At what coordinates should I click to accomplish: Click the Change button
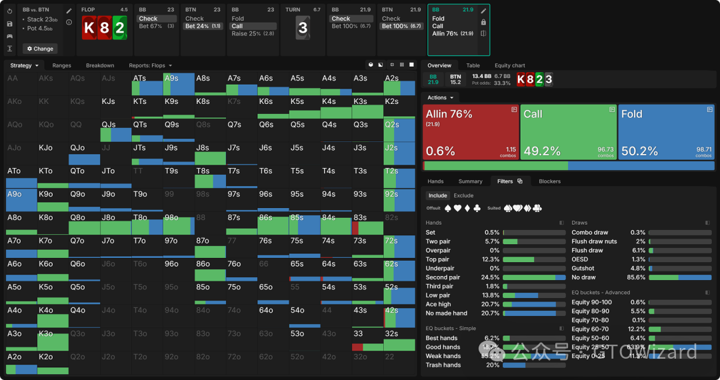(x=40, y=49)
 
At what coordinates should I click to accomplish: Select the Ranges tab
(x=61, y=65)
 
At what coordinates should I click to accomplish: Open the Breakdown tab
(x=100, y=65)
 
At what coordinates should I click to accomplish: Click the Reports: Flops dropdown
(x=151, y=65)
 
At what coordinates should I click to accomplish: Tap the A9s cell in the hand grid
(x=179, y=84)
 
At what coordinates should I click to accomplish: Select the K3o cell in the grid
(x=53, y=339)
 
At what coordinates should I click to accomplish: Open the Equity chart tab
(x=509, y=65)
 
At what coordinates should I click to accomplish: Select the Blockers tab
(x=549, y=181)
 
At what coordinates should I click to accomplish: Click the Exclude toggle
(x=463, y=195)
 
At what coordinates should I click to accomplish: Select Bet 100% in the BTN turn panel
(x=401, y=26)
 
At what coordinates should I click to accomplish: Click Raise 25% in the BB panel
(x=253, y=33)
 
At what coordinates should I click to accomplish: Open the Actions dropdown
(x=441, y=97)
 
